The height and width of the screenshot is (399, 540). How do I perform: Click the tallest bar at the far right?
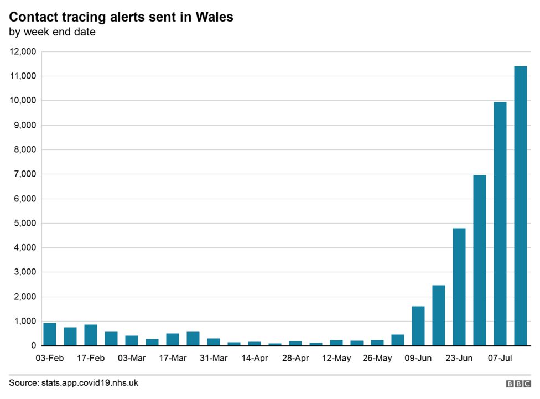coord(520,206)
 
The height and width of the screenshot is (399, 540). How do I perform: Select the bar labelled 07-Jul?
coord(500,224)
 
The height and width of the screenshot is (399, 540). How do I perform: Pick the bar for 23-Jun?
coord(459,287)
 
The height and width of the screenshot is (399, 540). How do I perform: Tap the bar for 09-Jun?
coord(418,326)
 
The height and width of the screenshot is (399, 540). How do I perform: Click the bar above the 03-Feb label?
coord(50,334)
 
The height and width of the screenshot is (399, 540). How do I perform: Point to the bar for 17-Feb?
coord(91,335)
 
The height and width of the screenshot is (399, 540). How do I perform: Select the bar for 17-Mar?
coord(173,339)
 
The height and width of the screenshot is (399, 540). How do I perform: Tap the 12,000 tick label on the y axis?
coord(23,51)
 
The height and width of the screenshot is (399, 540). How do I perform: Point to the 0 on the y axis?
coord(33,346)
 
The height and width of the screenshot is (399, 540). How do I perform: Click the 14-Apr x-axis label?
coord(255,359)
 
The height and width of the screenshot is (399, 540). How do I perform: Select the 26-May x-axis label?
coord(377,359)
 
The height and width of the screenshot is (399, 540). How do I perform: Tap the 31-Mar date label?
coord(214,359)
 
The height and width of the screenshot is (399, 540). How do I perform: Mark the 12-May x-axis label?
coord(336,359)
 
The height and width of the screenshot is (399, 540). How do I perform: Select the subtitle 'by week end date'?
coord(52,32)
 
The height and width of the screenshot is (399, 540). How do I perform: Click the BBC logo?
coord(518,384)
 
